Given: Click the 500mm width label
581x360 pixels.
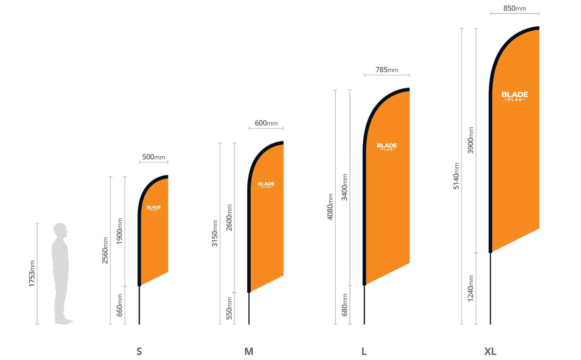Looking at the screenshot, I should (x=153, y=157).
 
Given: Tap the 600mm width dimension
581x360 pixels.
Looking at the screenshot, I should (x=266, y=123).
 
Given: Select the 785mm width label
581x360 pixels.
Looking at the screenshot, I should (x=387, y=70).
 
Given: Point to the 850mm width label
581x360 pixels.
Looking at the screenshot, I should (x=514, y=8).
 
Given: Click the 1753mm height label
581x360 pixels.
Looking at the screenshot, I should (x=32, y=273).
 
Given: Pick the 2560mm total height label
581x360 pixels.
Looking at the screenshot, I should (x=105, y=250).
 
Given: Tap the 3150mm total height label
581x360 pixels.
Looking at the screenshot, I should (x=215, y=233).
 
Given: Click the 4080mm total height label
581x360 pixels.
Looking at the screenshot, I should (x=330, y=207).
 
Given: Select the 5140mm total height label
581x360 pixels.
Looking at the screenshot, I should (x=456, y=176).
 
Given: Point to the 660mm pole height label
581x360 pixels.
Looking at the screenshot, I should (x=120, y=305).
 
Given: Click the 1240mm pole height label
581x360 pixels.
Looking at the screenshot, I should (x=471, y=288).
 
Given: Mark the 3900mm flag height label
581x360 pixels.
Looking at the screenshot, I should (x=471, y=140).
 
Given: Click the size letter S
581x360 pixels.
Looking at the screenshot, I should (x=139, y=351).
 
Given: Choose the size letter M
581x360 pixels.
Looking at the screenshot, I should (x=249, y=351).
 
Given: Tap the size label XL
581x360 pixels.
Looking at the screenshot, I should (x=490, y=351).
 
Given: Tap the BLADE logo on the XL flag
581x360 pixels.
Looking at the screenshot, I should (x=514, y=96).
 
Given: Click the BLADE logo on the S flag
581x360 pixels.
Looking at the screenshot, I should (x=153, y=208).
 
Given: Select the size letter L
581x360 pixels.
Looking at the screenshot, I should (x=364, y=351).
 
